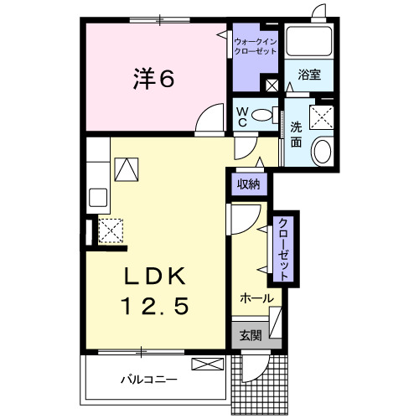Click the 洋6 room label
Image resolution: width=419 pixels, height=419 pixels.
[153, 79]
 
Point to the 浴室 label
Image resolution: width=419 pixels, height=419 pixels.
[309, 75]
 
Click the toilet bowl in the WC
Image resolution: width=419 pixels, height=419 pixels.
[262, 116]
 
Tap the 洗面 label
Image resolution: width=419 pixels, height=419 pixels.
[297, 134]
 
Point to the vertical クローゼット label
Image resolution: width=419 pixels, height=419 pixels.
[283, 249]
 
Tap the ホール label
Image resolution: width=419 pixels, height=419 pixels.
[256, 298]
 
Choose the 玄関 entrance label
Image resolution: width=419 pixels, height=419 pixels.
[250, 335]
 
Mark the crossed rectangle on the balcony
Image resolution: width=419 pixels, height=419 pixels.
[209, 364]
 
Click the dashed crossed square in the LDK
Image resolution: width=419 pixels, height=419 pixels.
[111, 230]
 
